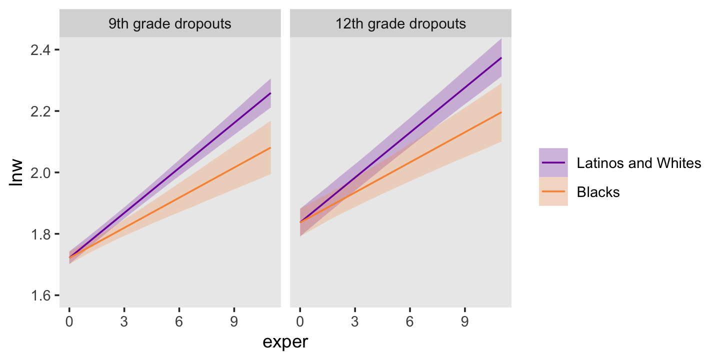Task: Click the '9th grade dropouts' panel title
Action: tap(170, 23)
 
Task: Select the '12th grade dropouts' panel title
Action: tap(400, 23)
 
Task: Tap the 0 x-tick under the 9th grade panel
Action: tap(69, 321)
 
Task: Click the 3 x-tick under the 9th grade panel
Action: tap(124, 321)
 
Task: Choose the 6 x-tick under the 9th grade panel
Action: tap(179, 321)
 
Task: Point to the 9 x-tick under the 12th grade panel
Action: tap(464, 321)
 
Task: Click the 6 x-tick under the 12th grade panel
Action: tap(409, 321)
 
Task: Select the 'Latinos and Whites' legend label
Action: tap(638, 163)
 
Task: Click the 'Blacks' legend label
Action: tap(598, 192)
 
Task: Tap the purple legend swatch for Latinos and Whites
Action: tap(553, 163)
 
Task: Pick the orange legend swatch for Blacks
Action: tap(553, 192)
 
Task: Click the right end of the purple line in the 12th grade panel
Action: tap(501, 58)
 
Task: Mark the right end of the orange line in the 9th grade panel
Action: tap(270, 147)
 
